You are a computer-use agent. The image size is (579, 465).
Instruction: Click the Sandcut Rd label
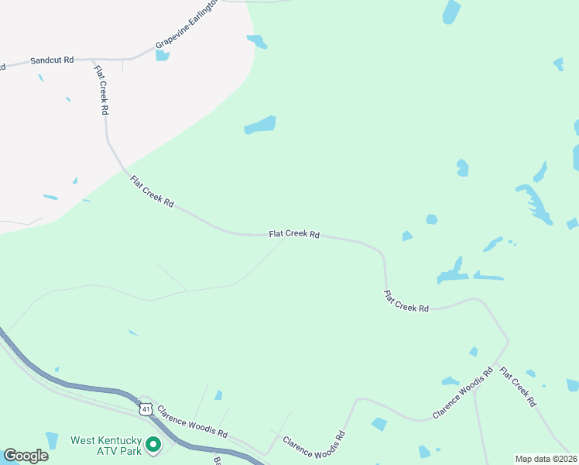pyautogui.click(x=52, y=60)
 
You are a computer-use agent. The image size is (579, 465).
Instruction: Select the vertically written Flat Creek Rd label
pyautogui.click(x=101, y=90)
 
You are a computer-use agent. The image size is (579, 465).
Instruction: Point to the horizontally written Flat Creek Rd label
pyautogui.click(x=294, y=233)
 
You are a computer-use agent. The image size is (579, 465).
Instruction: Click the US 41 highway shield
pyautogui.click(x=146, y=408)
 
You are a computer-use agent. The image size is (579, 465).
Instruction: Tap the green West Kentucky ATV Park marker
pyautogui.click(x=153, y=445)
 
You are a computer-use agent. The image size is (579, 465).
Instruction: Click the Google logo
pyautogui.click(x=26, y=456)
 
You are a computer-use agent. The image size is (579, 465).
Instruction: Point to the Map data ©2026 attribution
pyautogui.click(x=546, y=458)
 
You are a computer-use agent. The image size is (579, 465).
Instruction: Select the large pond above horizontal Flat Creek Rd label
pyautogui.click(x=261, y=125)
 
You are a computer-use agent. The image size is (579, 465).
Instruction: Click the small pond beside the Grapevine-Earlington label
pyautogui.click(x=162, y=55)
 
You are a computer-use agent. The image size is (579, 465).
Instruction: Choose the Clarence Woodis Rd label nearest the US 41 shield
pyautogui.click(x=192, y=421)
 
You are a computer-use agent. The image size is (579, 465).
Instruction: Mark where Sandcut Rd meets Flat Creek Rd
pyautogui.click(x=93, y=59)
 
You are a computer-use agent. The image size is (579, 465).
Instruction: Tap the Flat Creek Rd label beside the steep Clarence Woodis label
pyautogui.click(x=518, y=387)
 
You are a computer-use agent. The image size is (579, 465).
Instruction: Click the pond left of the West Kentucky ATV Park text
pyautogui.click(x=52, y=440)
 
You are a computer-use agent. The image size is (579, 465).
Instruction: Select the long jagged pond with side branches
pyautogui.click(x=535, y=203)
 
